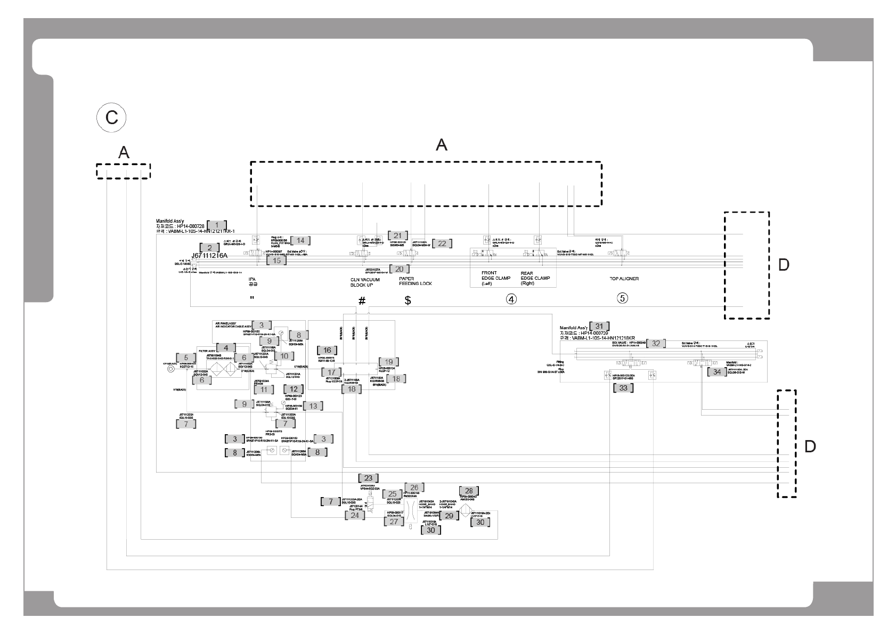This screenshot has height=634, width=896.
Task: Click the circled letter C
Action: point(111,117)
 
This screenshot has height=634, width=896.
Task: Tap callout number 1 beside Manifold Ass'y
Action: point(217,225)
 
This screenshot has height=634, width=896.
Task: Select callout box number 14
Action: point(300,240)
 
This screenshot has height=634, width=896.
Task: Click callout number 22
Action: point(442,243)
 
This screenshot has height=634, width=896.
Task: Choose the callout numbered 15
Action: point(276,261)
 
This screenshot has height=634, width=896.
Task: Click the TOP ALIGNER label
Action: point(624,279)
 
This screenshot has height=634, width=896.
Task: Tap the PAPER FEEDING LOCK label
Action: point(416,281)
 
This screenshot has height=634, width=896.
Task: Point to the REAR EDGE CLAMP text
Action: point(535,278)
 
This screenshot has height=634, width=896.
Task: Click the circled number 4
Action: point(511,299)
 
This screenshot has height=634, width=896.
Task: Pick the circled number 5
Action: point(622,298)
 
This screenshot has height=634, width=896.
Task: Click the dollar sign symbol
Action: point(408,300)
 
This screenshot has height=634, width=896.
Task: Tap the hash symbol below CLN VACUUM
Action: point(362,301)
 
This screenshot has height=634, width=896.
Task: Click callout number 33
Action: point(623,388)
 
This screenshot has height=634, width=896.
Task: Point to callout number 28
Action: point(469,491)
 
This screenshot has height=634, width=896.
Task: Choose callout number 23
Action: point(368,478)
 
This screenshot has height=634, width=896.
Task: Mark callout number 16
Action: point(327,350)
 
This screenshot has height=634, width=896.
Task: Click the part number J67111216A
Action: point(209,256)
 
